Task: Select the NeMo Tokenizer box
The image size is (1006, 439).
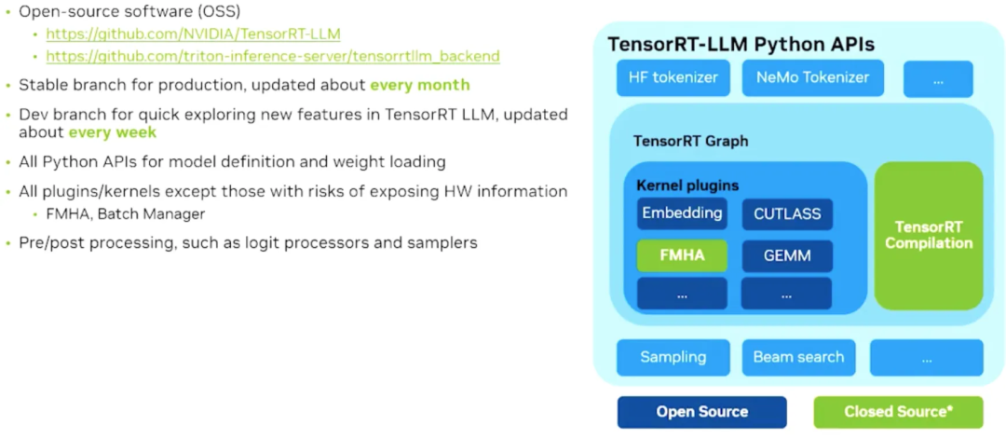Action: point(812,78)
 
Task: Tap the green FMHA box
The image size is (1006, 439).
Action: point(682,255)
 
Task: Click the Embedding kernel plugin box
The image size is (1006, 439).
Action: point(682,213)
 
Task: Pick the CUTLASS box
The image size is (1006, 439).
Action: point(787,214)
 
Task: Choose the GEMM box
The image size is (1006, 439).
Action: point(787,255)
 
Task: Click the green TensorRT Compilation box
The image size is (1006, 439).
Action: point(928,236)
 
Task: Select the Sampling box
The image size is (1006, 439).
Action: point(673,357)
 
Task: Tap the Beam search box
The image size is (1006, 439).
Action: point(798,357)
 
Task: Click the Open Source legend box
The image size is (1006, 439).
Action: point(701,412)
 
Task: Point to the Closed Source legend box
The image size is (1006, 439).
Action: point(897,412)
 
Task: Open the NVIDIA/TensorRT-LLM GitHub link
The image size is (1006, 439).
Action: point(193,34)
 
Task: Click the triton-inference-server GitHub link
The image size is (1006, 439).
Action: point(272,56)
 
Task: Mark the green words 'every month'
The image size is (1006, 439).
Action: point(419,85)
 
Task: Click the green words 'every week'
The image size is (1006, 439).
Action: point(112,132)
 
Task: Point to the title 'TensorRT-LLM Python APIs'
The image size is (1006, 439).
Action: point(741,45)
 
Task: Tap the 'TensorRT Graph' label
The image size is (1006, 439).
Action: point(690,142)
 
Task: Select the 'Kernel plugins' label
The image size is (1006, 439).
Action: point(687,185)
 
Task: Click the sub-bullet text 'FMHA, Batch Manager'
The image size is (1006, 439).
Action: point(125,214)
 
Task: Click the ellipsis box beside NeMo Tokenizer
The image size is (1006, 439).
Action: point(938,80)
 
